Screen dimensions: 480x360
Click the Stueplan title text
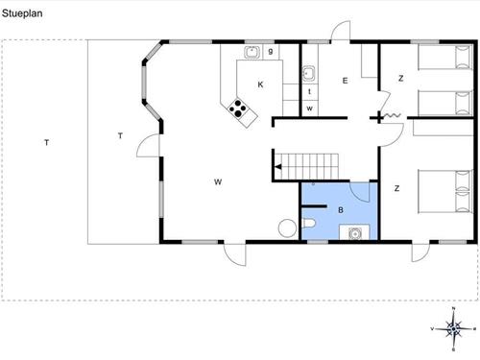22,13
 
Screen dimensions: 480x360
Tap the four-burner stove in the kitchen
238,108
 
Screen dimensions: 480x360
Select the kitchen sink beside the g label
252,52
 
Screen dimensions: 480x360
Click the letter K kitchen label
260,84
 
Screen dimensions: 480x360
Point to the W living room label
218,182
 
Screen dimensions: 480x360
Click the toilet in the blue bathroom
309,223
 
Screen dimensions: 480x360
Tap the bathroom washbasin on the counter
354,233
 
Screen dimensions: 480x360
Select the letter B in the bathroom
341,210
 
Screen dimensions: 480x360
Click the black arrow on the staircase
277,167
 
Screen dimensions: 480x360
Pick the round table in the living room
287,228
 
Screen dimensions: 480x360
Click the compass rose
453,328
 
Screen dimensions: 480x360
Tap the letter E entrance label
345,81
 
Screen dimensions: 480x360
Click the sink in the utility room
309,74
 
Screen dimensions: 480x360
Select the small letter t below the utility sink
309,91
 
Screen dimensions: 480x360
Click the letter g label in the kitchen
271,51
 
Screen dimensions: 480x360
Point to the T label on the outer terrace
47,143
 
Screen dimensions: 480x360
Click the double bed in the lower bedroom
445,191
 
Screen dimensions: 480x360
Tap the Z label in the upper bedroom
400,78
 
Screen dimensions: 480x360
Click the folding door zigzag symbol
392,115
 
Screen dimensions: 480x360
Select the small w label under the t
309,108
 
